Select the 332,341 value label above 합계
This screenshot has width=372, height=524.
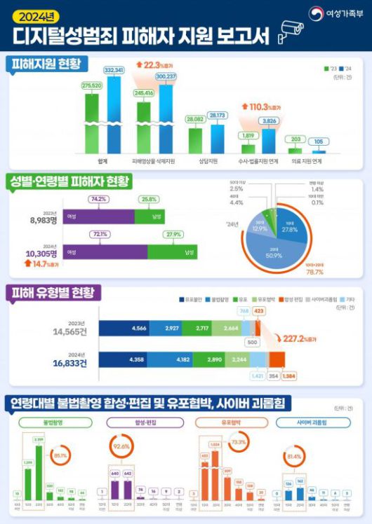[x=113, y=70]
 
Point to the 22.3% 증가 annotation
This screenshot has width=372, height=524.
[x=164, y=64]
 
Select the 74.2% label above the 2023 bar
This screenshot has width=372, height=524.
[x=98, y=200]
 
